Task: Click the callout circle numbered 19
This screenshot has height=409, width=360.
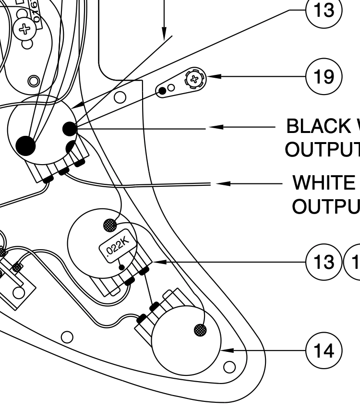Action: (324, 76)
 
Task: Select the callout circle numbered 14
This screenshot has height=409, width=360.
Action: (324, 350)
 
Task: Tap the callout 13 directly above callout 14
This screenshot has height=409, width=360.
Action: (324, 262)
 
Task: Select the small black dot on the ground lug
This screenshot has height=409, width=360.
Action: (163, 90)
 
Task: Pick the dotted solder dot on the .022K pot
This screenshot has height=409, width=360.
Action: (110, 225)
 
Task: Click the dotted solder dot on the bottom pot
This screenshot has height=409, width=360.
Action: (200, 330)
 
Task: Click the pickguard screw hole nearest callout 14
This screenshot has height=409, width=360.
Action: (230, 367)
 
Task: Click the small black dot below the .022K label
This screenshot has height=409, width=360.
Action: (122, 268)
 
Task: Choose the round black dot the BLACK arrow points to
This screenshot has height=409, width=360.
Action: (69, 129)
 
